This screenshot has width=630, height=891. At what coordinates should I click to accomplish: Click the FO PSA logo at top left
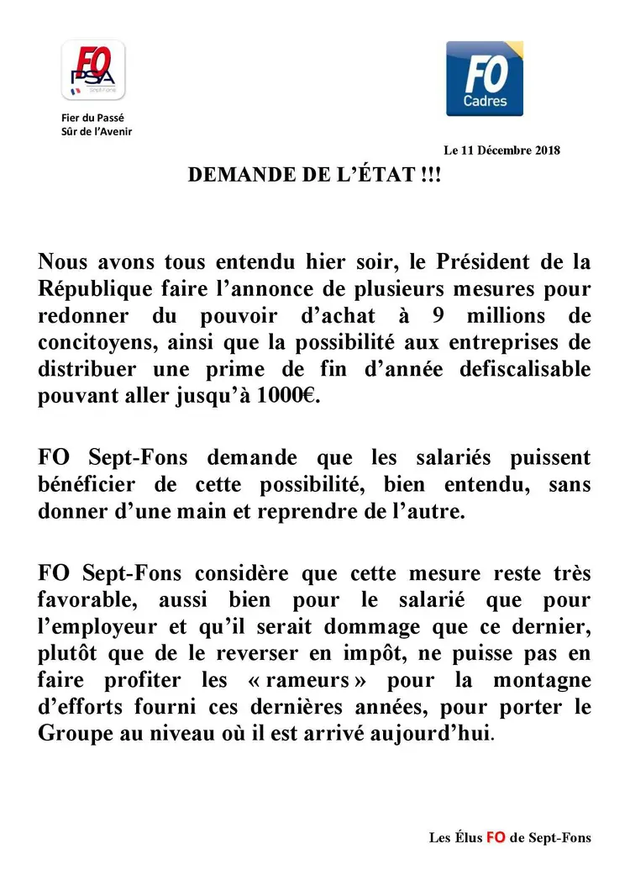pyautogui.click(x=93, y=71)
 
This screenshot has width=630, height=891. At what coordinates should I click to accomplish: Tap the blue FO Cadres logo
pyautogui.click(x=484, y=78)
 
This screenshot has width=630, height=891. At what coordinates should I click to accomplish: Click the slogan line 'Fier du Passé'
pyautogui.click(x=92, y=118)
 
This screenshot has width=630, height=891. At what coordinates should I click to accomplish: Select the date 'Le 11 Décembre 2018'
pyautogui.click(x=501, y=150)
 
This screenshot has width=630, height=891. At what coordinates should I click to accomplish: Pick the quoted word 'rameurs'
pyautogui.click(x=331, y=678)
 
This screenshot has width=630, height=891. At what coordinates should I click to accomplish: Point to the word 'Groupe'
pyautogui.click(x=71, y=732)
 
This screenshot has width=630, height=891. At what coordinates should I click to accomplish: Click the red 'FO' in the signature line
pyautogui.click(x=496, y=837)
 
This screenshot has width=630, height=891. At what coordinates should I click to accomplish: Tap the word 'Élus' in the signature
pyautogui.click(x=466, y=837)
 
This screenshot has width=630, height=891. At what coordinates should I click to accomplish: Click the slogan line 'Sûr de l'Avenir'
pyautogui.click(x=97, y=131)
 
